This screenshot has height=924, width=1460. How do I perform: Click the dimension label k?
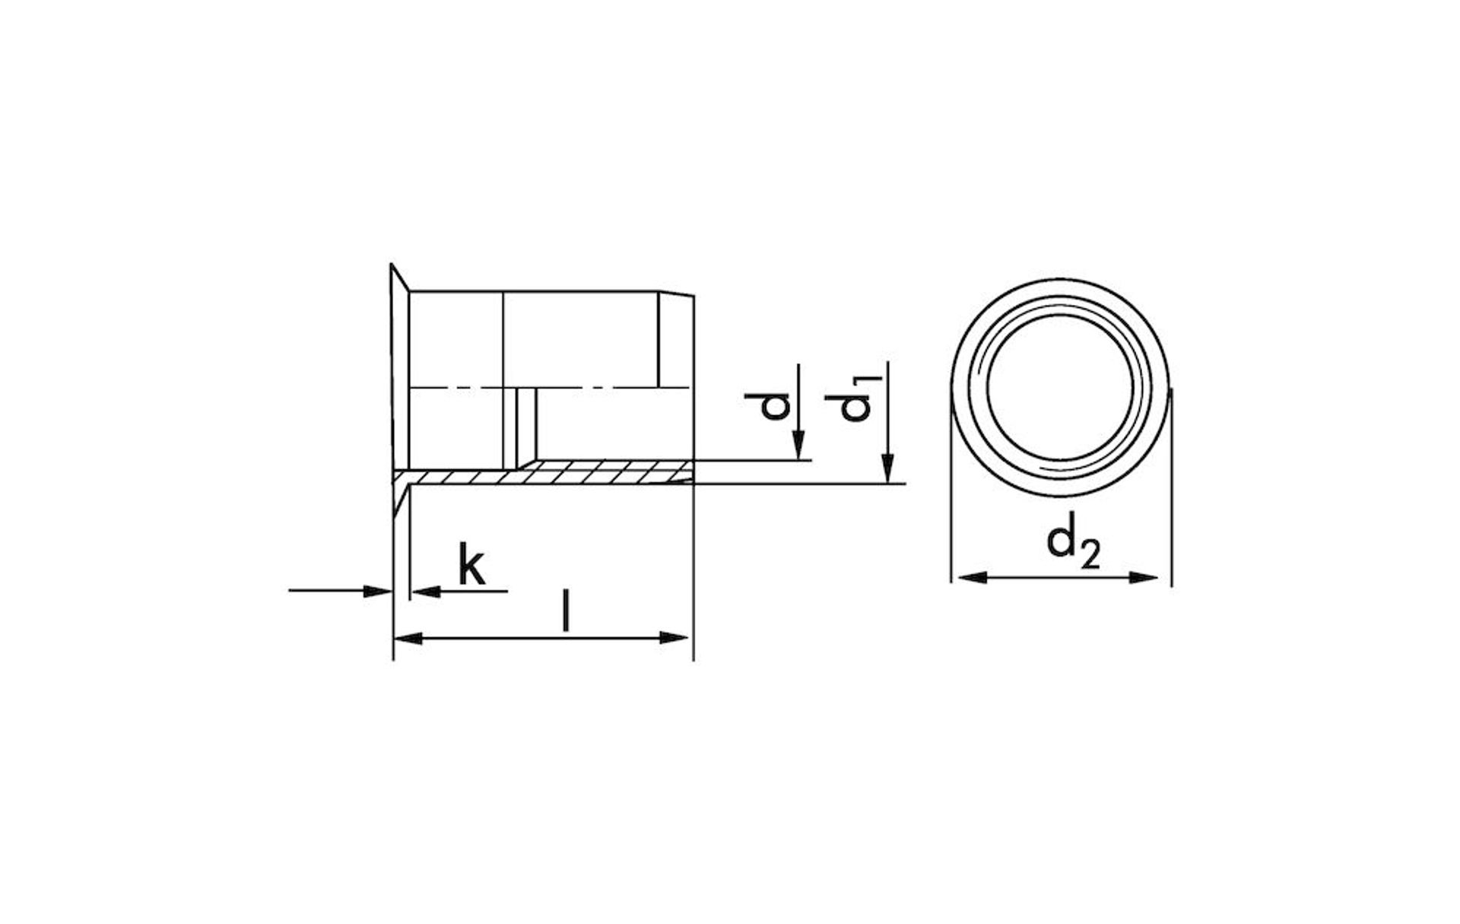coord(471,564)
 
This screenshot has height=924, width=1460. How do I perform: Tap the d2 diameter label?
coord(1074,541)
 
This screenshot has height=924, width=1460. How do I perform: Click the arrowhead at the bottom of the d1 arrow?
coord(888,468)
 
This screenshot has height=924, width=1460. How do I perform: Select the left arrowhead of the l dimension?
coord(408,637)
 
